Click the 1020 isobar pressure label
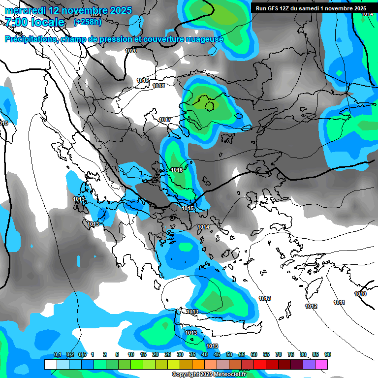point(131,51)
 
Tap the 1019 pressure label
point(143,80)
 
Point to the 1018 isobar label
point(158,86)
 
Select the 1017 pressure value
point(165,120)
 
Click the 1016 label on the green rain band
point(177,170)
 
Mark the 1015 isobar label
point(188,208)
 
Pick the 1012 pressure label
point(311,306)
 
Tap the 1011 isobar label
point(339,302)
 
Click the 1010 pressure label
point(360,294)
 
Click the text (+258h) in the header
point(87,22)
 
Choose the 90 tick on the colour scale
point(328,354)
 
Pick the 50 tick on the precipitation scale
point(229,354)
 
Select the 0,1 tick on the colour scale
point(57,354)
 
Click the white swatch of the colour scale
point(51,364)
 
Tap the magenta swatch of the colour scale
point(321,364)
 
